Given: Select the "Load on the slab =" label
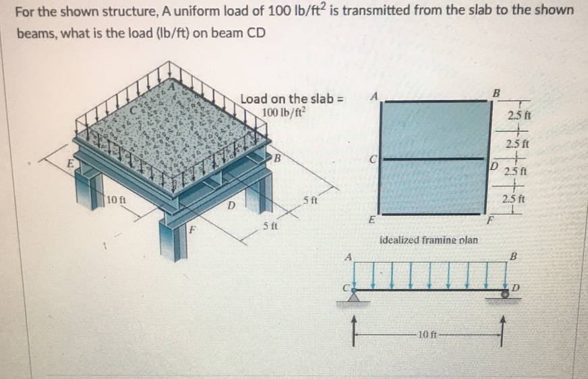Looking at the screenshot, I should click(292, 99).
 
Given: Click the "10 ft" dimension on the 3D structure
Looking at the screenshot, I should click(115, 200).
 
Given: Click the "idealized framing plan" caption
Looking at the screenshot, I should click(429, 239).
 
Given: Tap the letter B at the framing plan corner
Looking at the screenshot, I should click(497, 92).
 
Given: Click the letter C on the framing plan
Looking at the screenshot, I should click(372, 161).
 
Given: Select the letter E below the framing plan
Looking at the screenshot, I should click(372, 221).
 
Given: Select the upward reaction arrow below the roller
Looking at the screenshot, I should click(502, 326).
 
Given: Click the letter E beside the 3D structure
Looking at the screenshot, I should click(67, 164).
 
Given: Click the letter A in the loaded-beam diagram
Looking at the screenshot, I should click(348, 257).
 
